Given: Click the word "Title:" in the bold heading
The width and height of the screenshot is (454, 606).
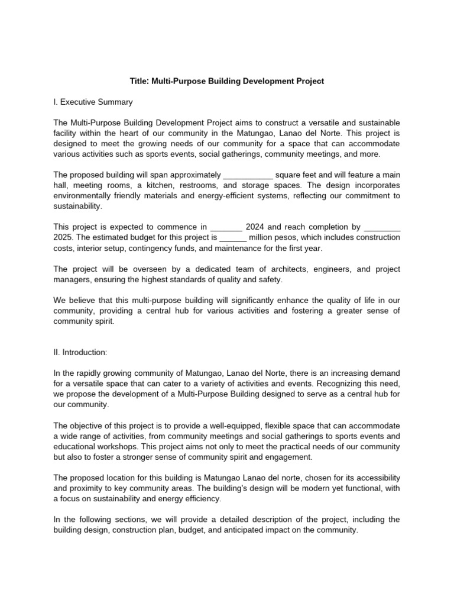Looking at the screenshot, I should (141, 81).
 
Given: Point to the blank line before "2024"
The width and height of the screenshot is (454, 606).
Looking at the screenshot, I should (226, 227).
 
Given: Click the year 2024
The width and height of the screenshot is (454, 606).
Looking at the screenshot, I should (255, 227).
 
